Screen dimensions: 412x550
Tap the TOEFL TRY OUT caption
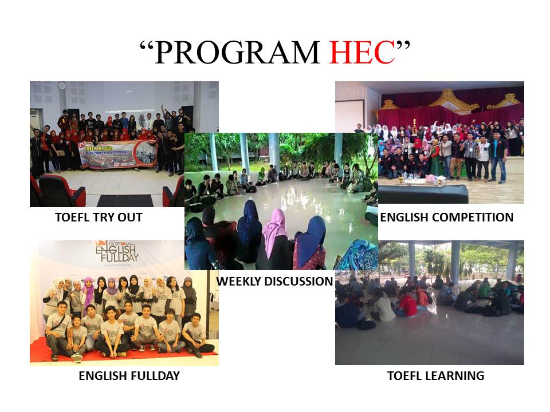(99, 217)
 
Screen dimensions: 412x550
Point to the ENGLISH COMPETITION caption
(447, 217)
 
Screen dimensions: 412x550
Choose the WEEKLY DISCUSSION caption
(275, 282)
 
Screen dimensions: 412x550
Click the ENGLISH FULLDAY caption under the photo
(129, 376)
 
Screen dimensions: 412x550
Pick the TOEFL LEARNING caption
(435, 376)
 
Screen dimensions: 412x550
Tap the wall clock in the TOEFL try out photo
(61, 85)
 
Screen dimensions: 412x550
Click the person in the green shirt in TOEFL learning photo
(485, 291)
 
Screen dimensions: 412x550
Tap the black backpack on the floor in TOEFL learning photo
(367, 324)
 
